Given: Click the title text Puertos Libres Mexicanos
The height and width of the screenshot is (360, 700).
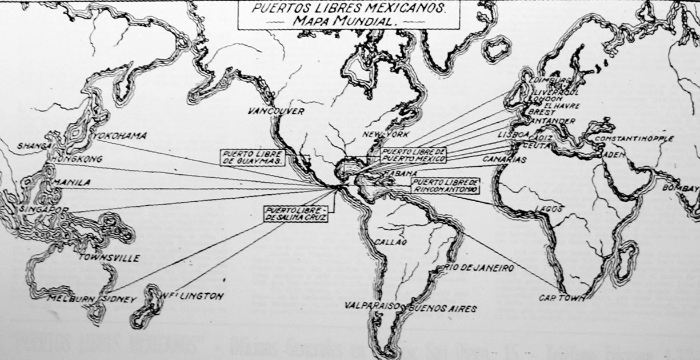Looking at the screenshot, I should click(349, 10).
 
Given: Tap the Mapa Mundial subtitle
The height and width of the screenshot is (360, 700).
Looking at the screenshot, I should click(348, 22).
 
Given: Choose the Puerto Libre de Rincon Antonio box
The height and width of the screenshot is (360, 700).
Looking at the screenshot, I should click(444, 185).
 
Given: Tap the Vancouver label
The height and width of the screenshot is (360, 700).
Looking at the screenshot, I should click(276, 111).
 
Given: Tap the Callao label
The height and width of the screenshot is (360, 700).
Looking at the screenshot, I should click(390, 242).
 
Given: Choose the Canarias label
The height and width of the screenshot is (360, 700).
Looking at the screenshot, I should click(504, 159).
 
